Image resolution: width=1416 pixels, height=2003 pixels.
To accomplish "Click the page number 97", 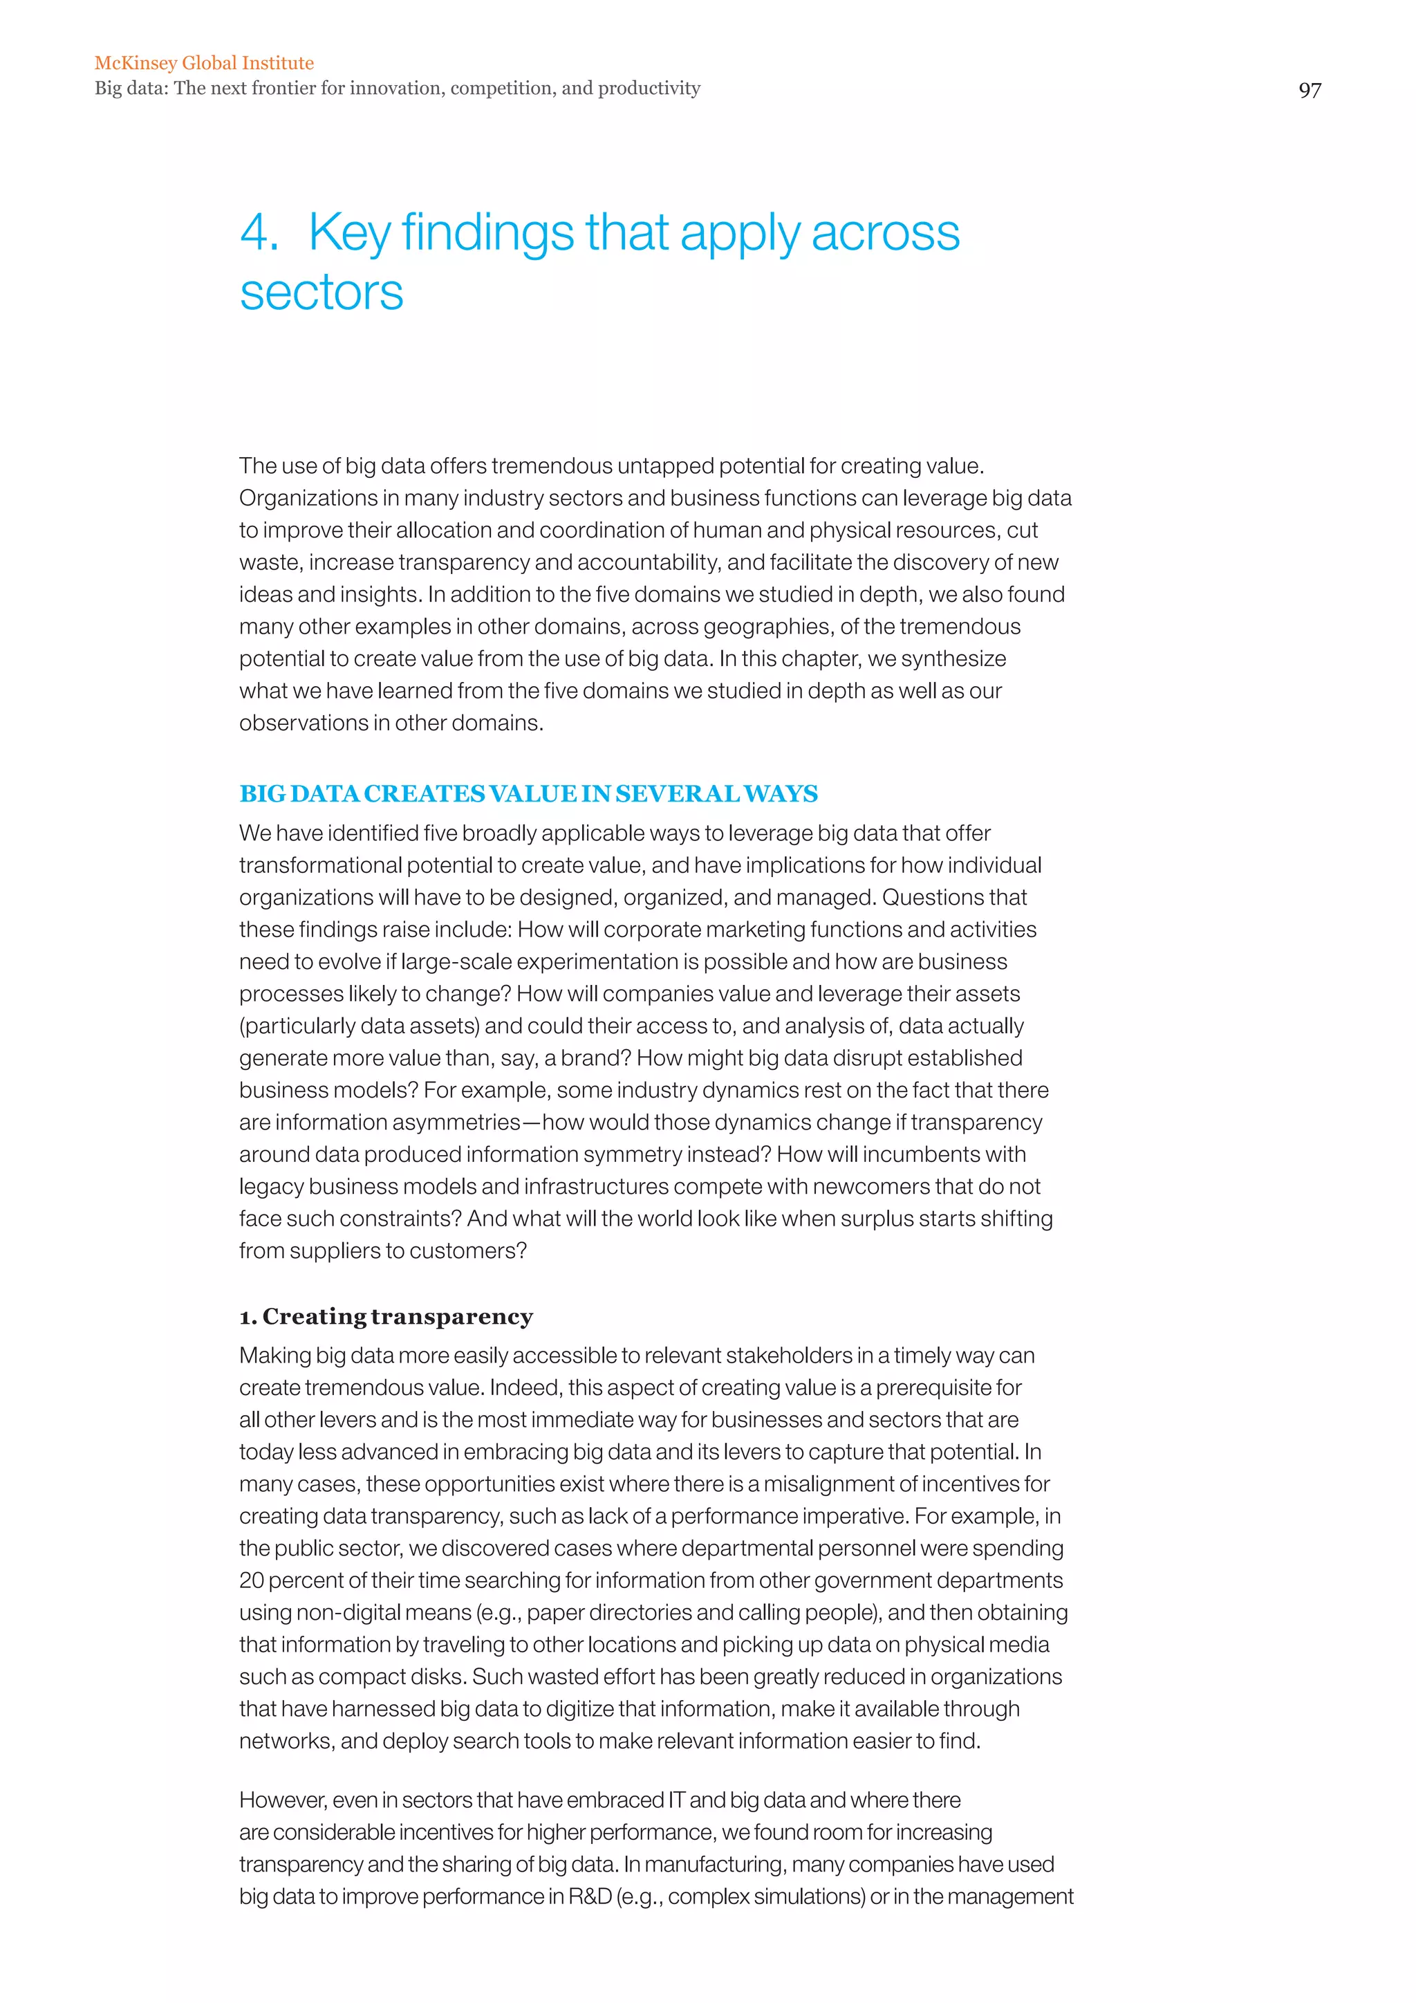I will pos(1310,91).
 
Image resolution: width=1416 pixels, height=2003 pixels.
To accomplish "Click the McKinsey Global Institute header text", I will pos(204,63).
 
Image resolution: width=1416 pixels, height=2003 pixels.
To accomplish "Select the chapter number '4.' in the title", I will pos(259,234).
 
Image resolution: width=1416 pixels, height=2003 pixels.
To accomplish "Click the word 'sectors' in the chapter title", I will pos(322,293).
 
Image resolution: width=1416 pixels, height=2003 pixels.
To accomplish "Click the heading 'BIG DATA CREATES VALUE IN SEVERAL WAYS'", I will pos(528,794).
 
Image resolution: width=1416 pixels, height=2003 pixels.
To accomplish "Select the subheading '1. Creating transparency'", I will pos(386,1316).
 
